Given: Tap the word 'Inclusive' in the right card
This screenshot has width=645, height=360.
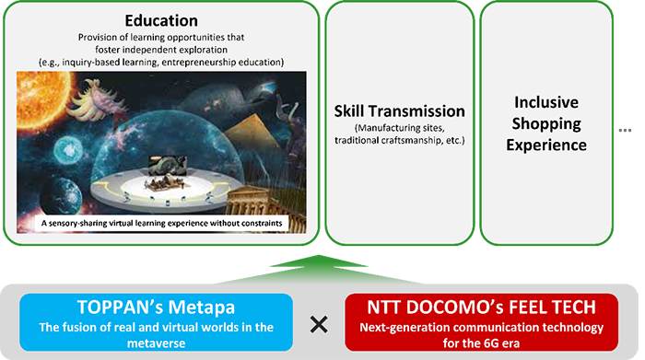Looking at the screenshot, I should click(x=546, y=102).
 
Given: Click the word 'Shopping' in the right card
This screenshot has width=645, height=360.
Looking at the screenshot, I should click(x=546, y=123).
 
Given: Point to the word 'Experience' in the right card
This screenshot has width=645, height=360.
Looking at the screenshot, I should click(x=546, y=145).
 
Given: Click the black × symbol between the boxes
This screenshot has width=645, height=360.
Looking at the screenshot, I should click(x=319, y=323).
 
